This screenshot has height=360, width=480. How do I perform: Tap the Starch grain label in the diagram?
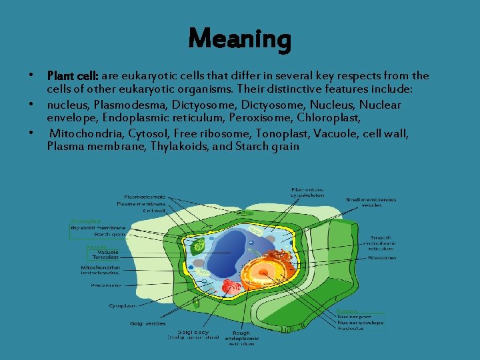(111, 234)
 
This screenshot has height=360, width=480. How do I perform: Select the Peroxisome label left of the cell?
(106, 285)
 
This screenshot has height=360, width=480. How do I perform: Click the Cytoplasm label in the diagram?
(122, 305)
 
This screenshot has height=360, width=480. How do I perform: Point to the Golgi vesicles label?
(148, 323)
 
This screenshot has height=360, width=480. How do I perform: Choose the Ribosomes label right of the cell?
(382, 257)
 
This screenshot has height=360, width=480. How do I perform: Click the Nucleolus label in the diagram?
(350, 329)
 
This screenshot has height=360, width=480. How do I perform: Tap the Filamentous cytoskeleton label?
(308, 192)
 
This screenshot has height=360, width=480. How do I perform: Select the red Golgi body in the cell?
(231, 287)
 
